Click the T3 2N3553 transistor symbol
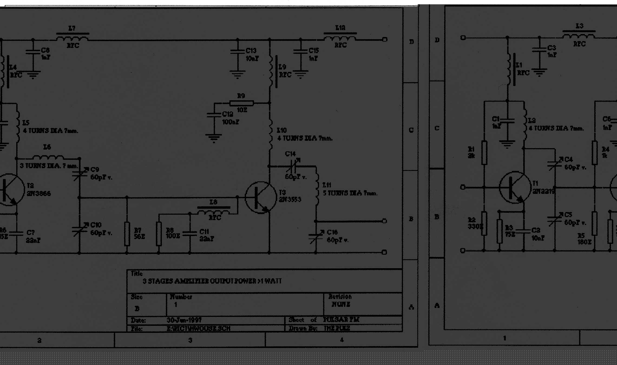pos(260,198)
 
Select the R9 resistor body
pos(241,103)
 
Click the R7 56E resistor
pos(127,234)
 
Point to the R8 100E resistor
pos(159,234)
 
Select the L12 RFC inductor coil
pos(340,38)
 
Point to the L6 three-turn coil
pos(48,157)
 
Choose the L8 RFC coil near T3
pos(214,212)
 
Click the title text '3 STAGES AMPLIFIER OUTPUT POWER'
pos(212,281)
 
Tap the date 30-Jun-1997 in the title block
pos(184,320)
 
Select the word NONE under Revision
pos(341,304)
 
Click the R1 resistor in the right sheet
pos(484,152)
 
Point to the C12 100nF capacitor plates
pos(214,115)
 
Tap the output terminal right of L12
pos(385,39)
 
